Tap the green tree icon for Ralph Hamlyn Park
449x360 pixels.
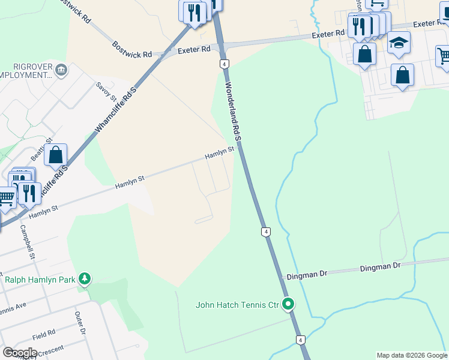pos(86,278)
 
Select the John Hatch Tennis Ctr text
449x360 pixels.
pos(237,305)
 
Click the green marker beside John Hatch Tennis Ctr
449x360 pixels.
pos(289,304)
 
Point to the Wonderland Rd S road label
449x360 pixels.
pos(233,111)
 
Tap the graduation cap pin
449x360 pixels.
pos(399,44)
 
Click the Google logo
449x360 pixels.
pos(20,353)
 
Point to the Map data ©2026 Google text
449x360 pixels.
pos(411,355)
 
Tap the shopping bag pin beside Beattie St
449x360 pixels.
pos(55,155)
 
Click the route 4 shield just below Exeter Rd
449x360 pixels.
pos(223,63)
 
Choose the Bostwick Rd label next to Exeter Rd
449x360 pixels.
pos(131,50)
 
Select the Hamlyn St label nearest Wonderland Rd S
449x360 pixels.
pos(218,154)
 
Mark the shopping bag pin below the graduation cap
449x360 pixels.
pos(402,76)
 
